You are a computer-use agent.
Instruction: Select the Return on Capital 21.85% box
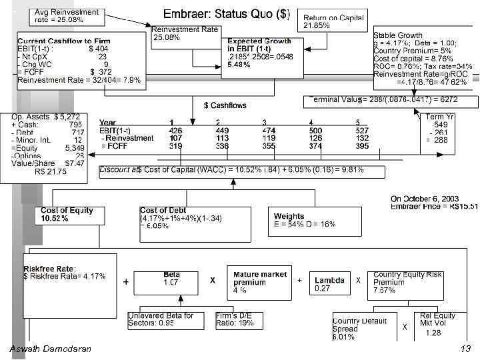[334, 21]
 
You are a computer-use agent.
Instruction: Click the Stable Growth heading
[398, 35]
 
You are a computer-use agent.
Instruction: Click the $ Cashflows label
[225, 105]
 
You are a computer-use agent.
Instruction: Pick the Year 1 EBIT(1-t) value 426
[175, 131]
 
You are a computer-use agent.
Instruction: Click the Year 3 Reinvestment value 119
[269, 138]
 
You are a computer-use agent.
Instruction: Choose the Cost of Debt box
[181, 218]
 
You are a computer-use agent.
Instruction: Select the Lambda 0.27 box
[329, 285]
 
